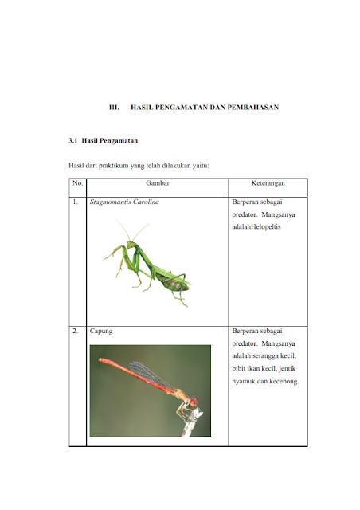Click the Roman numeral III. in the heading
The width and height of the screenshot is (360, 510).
coord(114,108)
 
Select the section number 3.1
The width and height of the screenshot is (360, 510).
coord(72,140)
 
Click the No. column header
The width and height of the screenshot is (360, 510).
coord(78,183)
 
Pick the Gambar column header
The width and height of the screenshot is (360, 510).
coord(158,183)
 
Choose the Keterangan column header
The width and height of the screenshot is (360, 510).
coord(268,183)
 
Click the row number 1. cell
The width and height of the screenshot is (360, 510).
coord(76,202)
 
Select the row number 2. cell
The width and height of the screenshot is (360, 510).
coord(76,331)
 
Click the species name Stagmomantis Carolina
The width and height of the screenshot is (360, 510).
coord(124,202)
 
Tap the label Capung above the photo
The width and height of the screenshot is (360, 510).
coord(101,331)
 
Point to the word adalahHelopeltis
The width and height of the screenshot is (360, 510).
coord(256,226)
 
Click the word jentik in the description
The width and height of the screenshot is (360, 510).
coord(288,368)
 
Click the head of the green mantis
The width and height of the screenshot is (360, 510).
coord(131,244)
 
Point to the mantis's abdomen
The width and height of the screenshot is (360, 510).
coord(174,282)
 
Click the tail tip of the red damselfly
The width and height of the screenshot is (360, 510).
coord(100,359)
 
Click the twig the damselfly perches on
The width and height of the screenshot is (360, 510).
coord(192,423)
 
